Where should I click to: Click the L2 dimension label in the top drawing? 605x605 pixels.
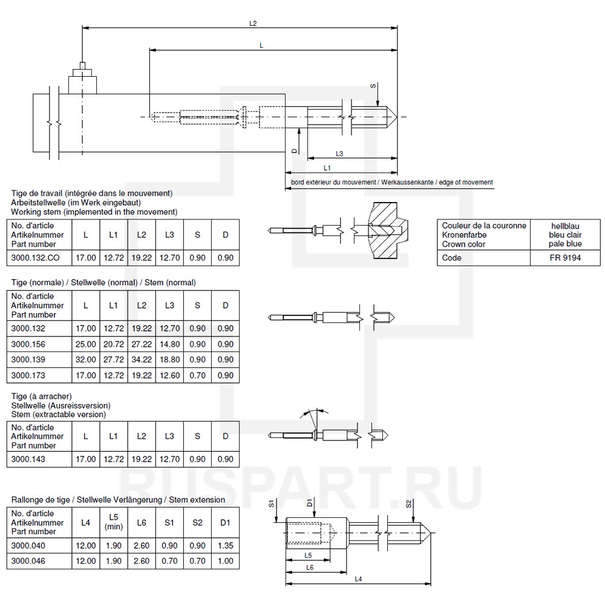253,24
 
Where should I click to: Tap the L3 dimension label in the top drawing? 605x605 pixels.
339,153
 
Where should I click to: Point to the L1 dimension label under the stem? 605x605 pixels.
327,167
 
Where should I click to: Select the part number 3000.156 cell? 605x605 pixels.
28,344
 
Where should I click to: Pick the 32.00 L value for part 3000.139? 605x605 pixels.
85,359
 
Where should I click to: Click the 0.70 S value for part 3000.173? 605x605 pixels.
197,375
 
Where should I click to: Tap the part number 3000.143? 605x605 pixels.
28,459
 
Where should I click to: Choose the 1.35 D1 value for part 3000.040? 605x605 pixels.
225,546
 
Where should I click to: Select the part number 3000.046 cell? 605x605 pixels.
28,561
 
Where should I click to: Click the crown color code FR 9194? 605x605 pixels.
566,258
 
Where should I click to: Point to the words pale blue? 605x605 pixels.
566,244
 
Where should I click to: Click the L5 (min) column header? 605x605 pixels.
113,522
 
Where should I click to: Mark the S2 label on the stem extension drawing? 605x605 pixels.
409,503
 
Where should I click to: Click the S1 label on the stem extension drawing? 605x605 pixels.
272,503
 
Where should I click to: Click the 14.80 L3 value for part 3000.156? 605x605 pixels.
169,344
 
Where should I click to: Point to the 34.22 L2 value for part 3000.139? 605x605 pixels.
142,359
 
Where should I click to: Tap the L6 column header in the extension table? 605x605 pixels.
141,522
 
